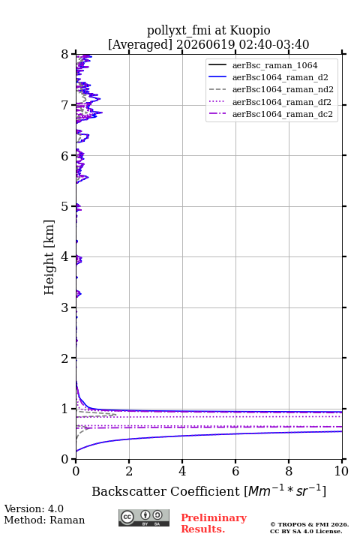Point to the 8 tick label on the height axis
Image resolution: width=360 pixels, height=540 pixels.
pos(65,55)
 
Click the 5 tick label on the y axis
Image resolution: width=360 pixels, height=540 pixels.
pos(65,207)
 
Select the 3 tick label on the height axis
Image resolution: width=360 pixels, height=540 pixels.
pos(65,307)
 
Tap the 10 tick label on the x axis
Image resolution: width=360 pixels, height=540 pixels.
pos(341,471)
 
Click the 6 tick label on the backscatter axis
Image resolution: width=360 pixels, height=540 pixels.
pos(235,471)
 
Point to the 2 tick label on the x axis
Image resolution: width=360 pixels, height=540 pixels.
pos(129,471)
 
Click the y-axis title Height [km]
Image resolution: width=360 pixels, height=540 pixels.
pos(49,257)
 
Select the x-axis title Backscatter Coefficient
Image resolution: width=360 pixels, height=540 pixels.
pos(166,491)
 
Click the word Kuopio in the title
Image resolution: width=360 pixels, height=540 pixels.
pos(250,31)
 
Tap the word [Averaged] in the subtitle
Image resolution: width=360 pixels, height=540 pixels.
pos(140,45)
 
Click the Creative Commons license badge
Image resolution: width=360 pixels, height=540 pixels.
pos(144,518)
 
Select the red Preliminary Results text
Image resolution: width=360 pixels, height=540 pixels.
pos(214,523)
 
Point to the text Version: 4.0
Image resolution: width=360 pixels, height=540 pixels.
pos(34,508)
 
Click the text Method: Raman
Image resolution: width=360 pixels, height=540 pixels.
pos(44,520)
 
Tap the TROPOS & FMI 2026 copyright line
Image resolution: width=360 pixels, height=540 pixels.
pos(309,524)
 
